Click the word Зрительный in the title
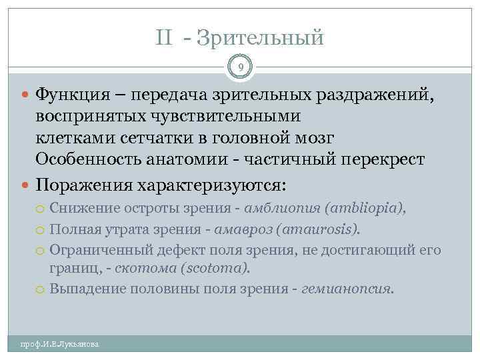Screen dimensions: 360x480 [266, 37]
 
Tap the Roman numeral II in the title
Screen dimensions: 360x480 [165, 37]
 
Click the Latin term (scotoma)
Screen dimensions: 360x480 [213, 268]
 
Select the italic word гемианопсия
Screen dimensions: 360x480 [347, 289]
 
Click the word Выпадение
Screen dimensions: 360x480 [83, 289]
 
